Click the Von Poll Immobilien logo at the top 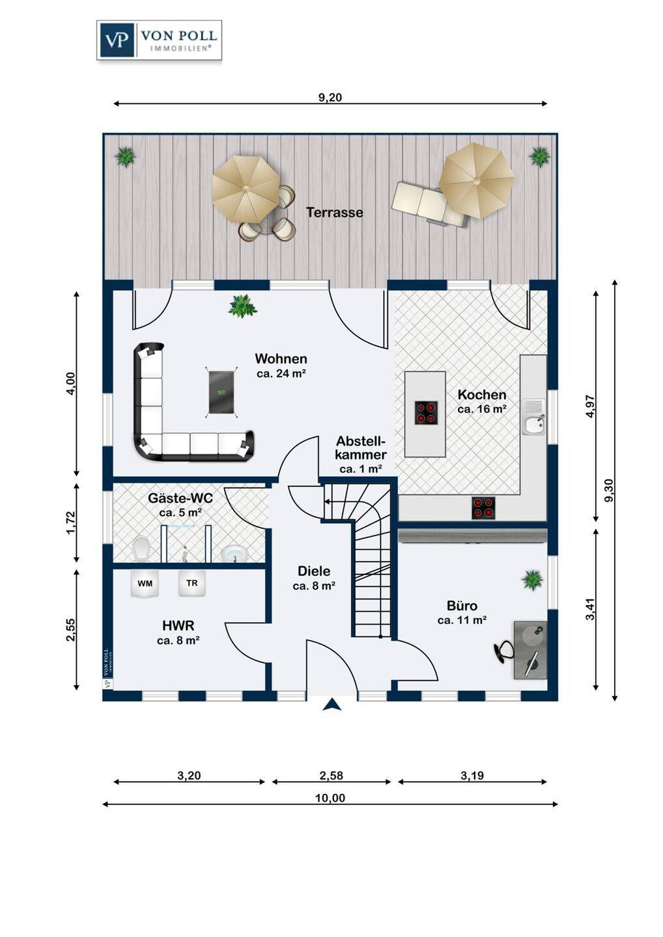pyautogui.click(x=159, y=40)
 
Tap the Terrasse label pyautogui.click(x=334, y=213)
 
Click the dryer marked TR pyautogui.click(x=192, y=583)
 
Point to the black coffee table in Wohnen pyautogui.click(x=222, y=392)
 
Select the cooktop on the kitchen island pyautogui.click(x=426, y=413)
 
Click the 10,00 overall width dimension pyautogui.click(x=330, y=798)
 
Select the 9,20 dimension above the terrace pyautogui.click(x=330, y=98)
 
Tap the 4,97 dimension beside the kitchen pyautogui.click(x=591, y=406)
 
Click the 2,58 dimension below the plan pyautogui.click(x=331, y=776)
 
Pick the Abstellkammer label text pyautogui.click(x=361, y=448)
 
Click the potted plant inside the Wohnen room pyautogui.click(x=243, y=306)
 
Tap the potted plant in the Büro pyautogui.click(x=532, y=580)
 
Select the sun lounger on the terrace pyautogui.click(x=429, y=205)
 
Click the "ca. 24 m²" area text pyautogui.click(x=281, y=374)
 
